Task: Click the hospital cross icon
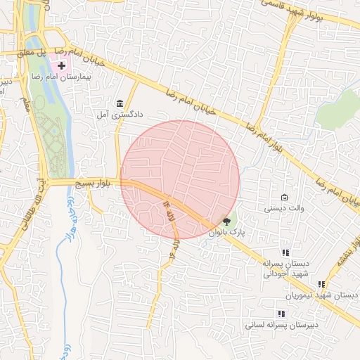click(62, 65)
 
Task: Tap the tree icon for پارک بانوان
click(226, 221)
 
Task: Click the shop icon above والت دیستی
click(284, 198)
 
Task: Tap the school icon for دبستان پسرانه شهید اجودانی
click(285, 252)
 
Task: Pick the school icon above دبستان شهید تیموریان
click(321, 285)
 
